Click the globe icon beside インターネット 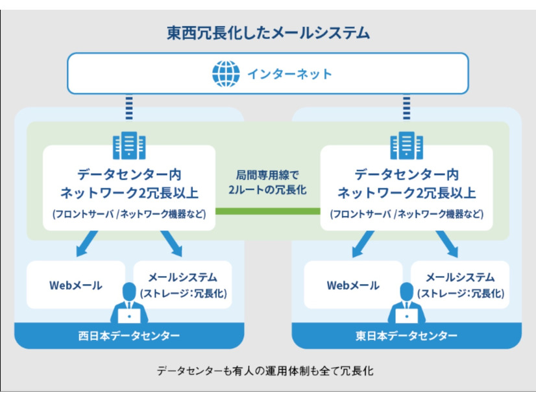[x=226, y=73]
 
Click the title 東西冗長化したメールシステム [x=268, y=32]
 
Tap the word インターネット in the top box [x=289, y=73]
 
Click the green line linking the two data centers [x=268, y=211]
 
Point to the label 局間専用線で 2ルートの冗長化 [x=268, y=183]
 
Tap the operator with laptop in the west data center [x=129, y=305]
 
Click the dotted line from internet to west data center [x=129, y=107]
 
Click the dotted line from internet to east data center [x=407, y=107]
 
